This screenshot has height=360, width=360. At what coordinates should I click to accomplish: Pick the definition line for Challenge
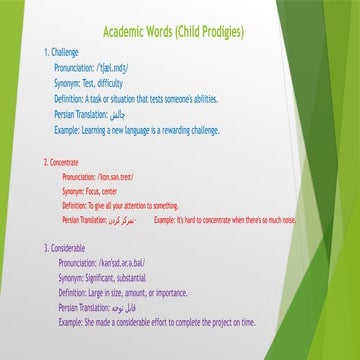pos(136,100)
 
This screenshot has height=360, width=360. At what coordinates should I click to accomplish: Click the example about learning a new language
pos(152,131)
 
